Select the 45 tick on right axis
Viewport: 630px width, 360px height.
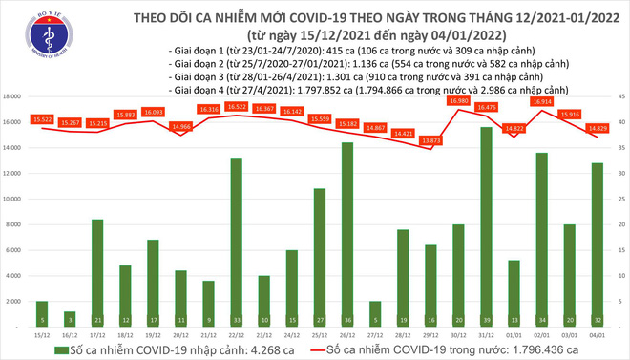point(619,96)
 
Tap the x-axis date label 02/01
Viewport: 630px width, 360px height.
point(541,335)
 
